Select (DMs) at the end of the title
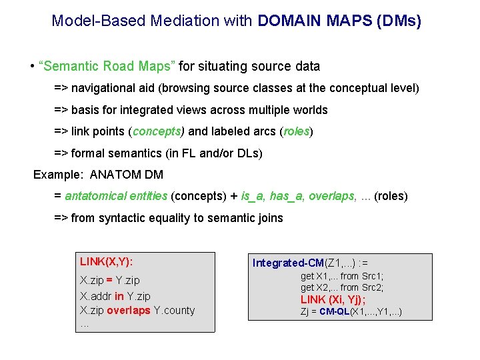coord(399,21)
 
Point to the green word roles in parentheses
coord(296,131)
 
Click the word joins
coord(269,218)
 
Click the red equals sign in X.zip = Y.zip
coord(108,281)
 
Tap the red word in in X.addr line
coord(119,295)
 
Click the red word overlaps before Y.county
coord(129,310)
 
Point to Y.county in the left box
coord(174,310)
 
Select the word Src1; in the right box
coord(369,276)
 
